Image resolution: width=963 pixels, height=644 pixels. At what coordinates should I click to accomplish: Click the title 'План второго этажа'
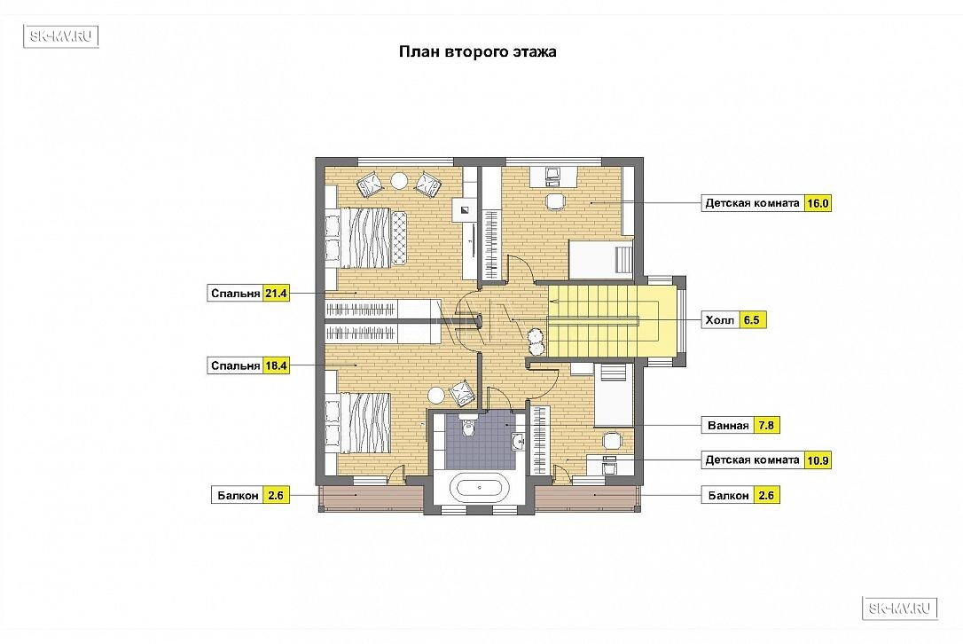point(477,51)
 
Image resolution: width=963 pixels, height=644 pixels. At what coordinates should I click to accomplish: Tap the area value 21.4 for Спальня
point(276,294)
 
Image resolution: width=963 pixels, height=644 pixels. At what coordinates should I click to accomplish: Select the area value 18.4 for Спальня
point(276,365)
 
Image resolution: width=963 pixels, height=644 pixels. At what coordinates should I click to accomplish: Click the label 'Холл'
point(720,320)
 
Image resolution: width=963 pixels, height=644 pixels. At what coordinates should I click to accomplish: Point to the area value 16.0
point(818,203)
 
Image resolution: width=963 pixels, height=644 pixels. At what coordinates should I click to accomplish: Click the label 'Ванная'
point(728,425)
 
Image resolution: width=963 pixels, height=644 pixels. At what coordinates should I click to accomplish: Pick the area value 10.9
point(818,460)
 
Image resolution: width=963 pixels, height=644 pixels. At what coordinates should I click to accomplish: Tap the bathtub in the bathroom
point(480,489)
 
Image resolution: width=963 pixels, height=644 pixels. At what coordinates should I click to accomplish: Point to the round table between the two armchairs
point(399,181)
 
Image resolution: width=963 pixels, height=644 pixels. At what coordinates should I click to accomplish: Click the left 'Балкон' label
point(239,495)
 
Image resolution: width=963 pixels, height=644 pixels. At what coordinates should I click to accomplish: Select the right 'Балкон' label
point(728,495)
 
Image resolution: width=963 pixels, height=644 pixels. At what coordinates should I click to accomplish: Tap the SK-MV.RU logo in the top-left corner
point(61,36)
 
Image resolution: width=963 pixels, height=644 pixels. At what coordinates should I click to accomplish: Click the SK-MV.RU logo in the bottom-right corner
point(900,609)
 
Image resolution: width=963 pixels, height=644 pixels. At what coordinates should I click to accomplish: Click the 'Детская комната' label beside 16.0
point(752,203)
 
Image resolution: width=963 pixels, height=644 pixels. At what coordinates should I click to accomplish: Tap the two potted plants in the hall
point(536,341)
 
